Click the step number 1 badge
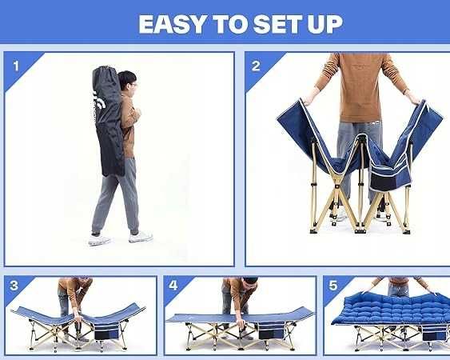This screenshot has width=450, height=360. point(16,66)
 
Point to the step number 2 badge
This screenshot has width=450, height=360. point(256,66)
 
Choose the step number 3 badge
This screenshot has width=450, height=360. point(14,286)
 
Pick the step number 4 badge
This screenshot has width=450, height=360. point(173,286)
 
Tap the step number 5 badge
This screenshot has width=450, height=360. point(333,286)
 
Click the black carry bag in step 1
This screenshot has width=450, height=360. point(108,121)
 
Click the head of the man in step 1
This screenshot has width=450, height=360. point(128,81)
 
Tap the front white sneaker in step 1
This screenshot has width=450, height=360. point(141,237)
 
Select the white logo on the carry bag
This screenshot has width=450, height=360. point(99,101)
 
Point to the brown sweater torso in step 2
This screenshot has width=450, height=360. point(360,86)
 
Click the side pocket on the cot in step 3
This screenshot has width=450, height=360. point(107,332)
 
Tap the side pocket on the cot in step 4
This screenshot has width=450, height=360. point(271,331)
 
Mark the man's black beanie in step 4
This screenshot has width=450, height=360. point(249,280)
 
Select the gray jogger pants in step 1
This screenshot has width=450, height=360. point(116,195)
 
